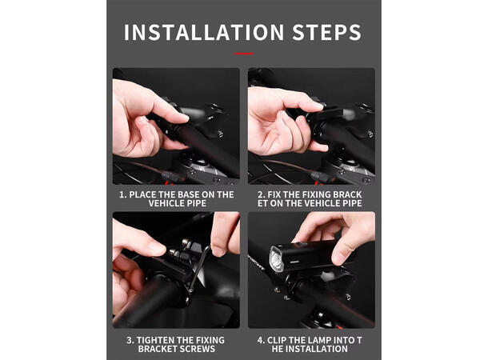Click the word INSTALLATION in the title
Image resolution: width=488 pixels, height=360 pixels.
pyautogui.click(x=204, y=32)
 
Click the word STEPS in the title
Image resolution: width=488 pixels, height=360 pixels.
pyautogui.click(x=326, y=32)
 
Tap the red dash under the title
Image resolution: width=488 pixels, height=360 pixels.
pyautogui.click(x=243, y=54)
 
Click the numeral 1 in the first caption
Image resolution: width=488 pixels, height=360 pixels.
pyautogui.click(x=122, y=194)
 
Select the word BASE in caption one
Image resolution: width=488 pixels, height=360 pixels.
pyautogui.click(x=186, y=194)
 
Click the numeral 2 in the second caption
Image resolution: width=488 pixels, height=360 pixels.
pyautogui.click(x=261, y=194)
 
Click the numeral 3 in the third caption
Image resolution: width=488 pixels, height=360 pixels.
pyautogui.click(x=130, y=340)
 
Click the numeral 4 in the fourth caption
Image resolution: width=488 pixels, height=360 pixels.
pyautogui.click(x=260, y=340)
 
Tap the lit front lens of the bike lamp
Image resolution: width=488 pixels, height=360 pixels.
pyautogui.click(x=276, y=259)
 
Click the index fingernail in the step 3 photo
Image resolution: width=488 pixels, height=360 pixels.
pyautogui.click(x=158, y=248)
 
